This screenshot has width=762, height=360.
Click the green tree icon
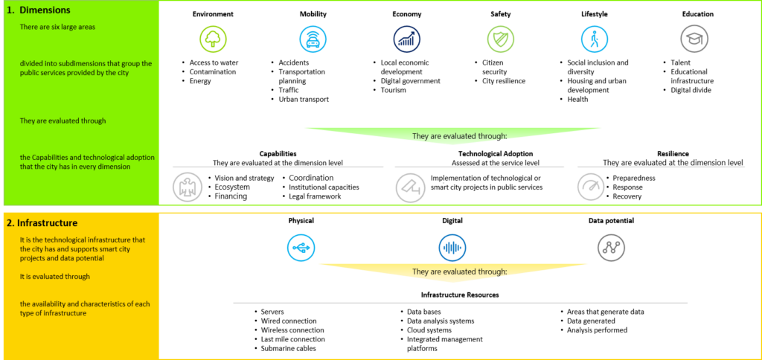[213, 39]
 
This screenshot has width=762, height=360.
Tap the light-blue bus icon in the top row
[313, 39]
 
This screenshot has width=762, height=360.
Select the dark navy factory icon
[406, 39]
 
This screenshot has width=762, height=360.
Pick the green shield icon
[500, 39]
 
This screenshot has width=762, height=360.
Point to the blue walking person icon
[595, 39]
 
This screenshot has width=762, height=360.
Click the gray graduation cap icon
[694, 39]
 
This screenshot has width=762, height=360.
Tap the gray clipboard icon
[187, 187]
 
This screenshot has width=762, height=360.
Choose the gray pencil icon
[410, 187]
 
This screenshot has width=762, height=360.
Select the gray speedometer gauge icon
[591, 187]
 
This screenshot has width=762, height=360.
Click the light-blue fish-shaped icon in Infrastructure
[301, 248]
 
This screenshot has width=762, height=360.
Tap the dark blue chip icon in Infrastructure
[452, 248]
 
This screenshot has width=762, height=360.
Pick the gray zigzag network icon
[612, 248]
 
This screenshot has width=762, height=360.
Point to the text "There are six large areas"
[58, 27]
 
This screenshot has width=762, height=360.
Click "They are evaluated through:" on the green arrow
[459, 136]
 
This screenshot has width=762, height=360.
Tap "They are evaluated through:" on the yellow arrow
[459, 271]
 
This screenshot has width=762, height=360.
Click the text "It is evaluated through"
[55, 277]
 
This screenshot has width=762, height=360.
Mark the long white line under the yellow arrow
[460, 303]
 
